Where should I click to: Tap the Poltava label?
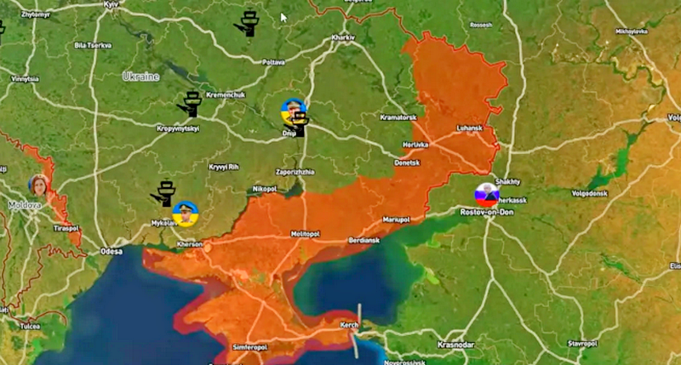[273, 62]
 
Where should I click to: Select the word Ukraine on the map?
[140, 77]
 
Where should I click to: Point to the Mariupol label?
[396, 219]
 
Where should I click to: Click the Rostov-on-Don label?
[486, 210]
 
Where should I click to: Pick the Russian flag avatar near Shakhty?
[485, 192]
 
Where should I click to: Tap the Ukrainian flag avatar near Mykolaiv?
[184, 212]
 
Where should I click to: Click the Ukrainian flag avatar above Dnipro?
[292, 109]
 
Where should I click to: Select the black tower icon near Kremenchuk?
[190, 104]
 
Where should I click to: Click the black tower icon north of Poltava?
[248, 23]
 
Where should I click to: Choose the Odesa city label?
[111, 251]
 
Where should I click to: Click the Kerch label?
[350, 326]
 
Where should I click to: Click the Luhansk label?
[470, 128]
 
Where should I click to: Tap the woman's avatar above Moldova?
[37, 185]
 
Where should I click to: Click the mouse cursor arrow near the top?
[284, 16]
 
